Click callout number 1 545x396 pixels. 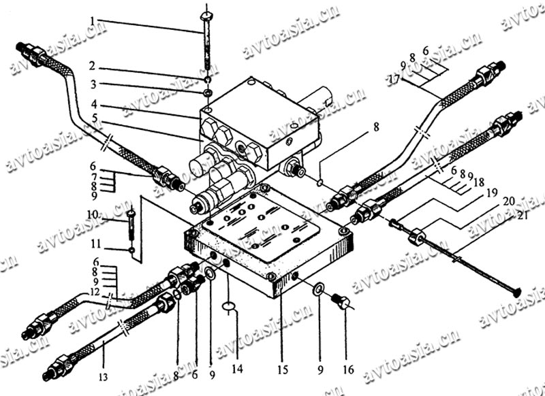[93, 21]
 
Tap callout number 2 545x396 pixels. [93, 69]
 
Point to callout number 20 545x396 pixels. [509, 202]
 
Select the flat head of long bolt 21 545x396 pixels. [515, 291]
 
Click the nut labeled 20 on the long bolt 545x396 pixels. [417, 237]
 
